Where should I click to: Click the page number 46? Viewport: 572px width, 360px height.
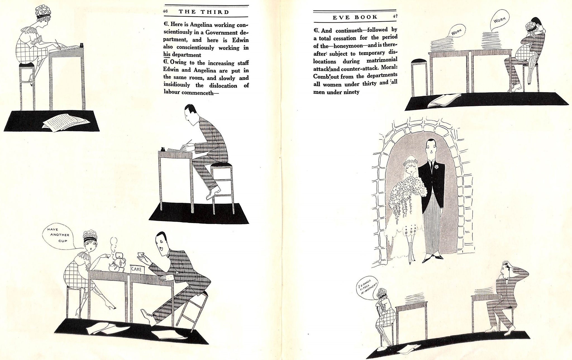(x=165, y=12)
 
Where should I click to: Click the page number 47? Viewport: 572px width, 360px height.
(x=395, y=16)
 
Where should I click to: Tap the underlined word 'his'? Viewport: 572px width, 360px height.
(x=167, y=55)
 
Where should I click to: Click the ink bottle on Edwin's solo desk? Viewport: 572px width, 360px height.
(x=162, y=149)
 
